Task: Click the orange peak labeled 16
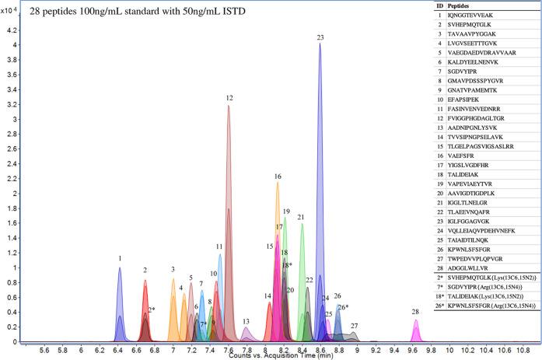[x=278, y=233]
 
